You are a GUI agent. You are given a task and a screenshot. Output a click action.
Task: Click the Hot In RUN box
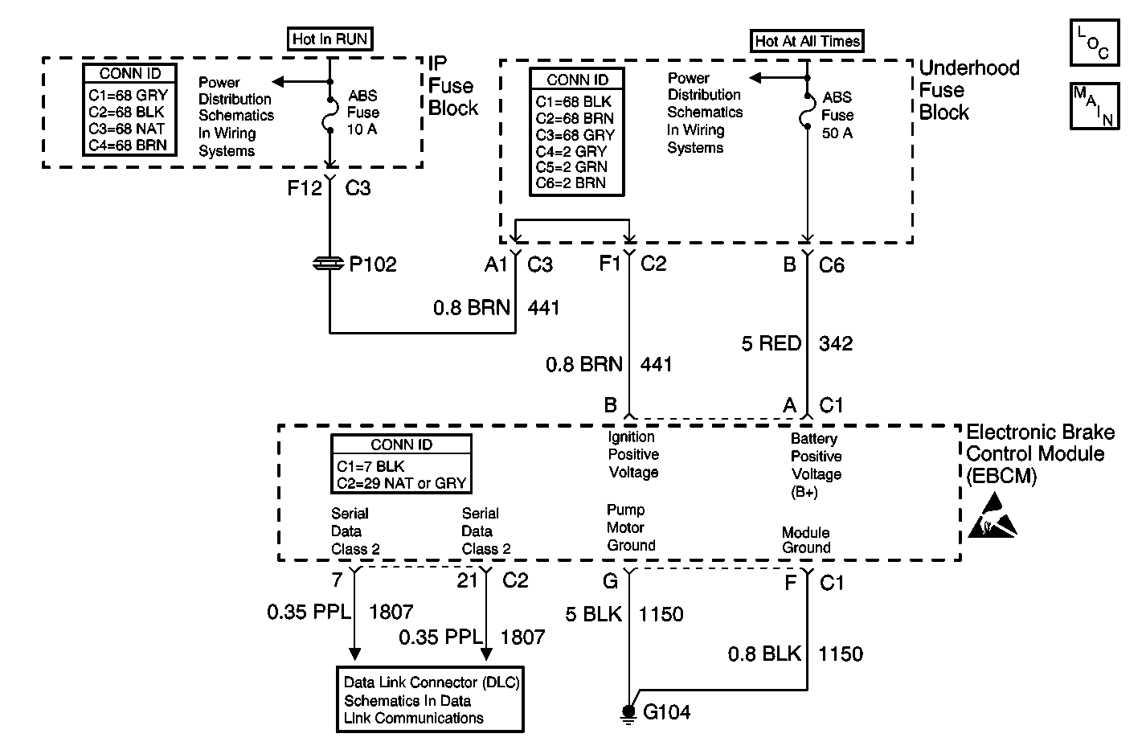pyautogui.click(x=330, y=38)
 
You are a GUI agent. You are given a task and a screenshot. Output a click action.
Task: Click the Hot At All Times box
pyautogui.click(x=807, y=41)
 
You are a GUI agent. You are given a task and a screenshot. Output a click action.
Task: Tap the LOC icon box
pyautogui.click(x=1094, y=44)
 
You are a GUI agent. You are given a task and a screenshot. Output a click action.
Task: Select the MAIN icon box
pyautogui.click(x=1094, y=105)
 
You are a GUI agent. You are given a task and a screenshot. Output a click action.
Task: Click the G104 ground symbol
pyautogui.click(x=627, y=713)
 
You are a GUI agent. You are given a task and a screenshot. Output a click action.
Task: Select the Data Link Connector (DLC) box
pyautogui.click(x=431, y=699)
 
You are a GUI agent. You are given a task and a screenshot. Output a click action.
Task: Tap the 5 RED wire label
pyautogui.click(x=771, y=344)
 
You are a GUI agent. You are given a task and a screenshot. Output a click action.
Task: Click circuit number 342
pyautogui.click(x=836, y=344)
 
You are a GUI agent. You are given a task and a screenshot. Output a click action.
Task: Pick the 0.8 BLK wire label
pyautogui.click(x=764, y=654)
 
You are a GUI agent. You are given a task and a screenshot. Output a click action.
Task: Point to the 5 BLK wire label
pyautogui.click(x=593, y=615)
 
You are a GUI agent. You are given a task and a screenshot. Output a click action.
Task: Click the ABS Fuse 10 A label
pyautogui.click(x=363, y=113)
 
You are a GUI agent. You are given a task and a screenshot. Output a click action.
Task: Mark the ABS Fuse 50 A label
pyautogui.click(x=837, y=115)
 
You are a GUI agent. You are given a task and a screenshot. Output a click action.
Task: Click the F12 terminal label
pyautogui.click(x=305, y=189)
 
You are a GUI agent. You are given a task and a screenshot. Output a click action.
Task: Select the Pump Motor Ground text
pyautogui.click(x=631, y=527)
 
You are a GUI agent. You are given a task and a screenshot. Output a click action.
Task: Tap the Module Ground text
pyautogui.click(x=806, y=540)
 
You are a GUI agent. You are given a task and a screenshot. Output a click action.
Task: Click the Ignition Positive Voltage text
pyautogui.click(x=633, y=454)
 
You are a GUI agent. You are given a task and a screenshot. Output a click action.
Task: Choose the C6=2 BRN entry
pyautogui.click(x=571, y=182)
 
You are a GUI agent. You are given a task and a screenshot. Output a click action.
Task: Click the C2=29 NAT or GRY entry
pyautogui.click(x=401, y=483)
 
